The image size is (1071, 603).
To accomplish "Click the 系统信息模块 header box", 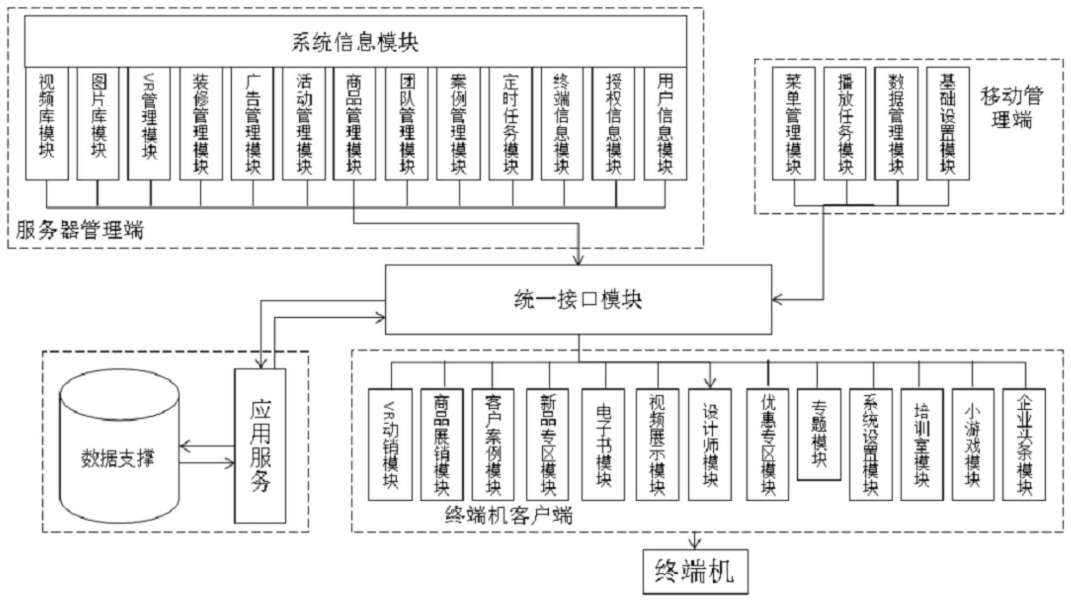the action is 356,42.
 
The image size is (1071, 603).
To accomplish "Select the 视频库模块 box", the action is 47,124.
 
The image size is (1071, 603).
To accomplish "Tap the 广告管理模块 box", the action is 253,124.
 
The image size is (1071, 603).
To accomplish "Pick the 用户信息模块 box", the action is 666,124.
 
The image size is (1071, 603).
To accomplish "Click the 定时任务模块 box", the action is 510,124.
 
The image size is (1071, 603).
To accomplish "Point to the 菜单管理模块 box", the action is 794,124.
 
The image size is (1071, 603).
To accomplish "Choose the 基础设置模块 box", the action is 948,124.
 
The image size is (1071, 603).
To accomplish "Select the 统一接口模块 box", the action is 579,299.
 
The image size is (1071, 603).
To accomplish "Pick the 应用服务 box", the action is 260,446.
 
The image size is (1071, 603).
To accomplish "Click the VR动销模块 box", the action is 390,444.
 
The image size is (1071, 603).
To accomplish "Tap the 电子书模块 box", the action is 603,444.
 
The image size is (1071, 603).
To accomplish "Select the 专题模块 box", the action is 819,435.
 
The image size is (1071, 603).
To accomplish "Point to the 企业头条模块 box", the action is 1024,444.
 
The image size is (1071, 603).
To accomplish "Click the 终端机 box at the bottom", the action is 695,572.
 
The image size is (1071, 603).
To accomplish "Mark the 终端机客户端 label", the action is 508,515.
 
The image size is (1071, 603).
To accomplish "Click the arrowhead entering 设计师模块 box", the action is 711,383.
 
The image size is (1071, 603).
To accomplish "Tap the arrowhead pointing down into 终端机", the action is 695,544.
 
